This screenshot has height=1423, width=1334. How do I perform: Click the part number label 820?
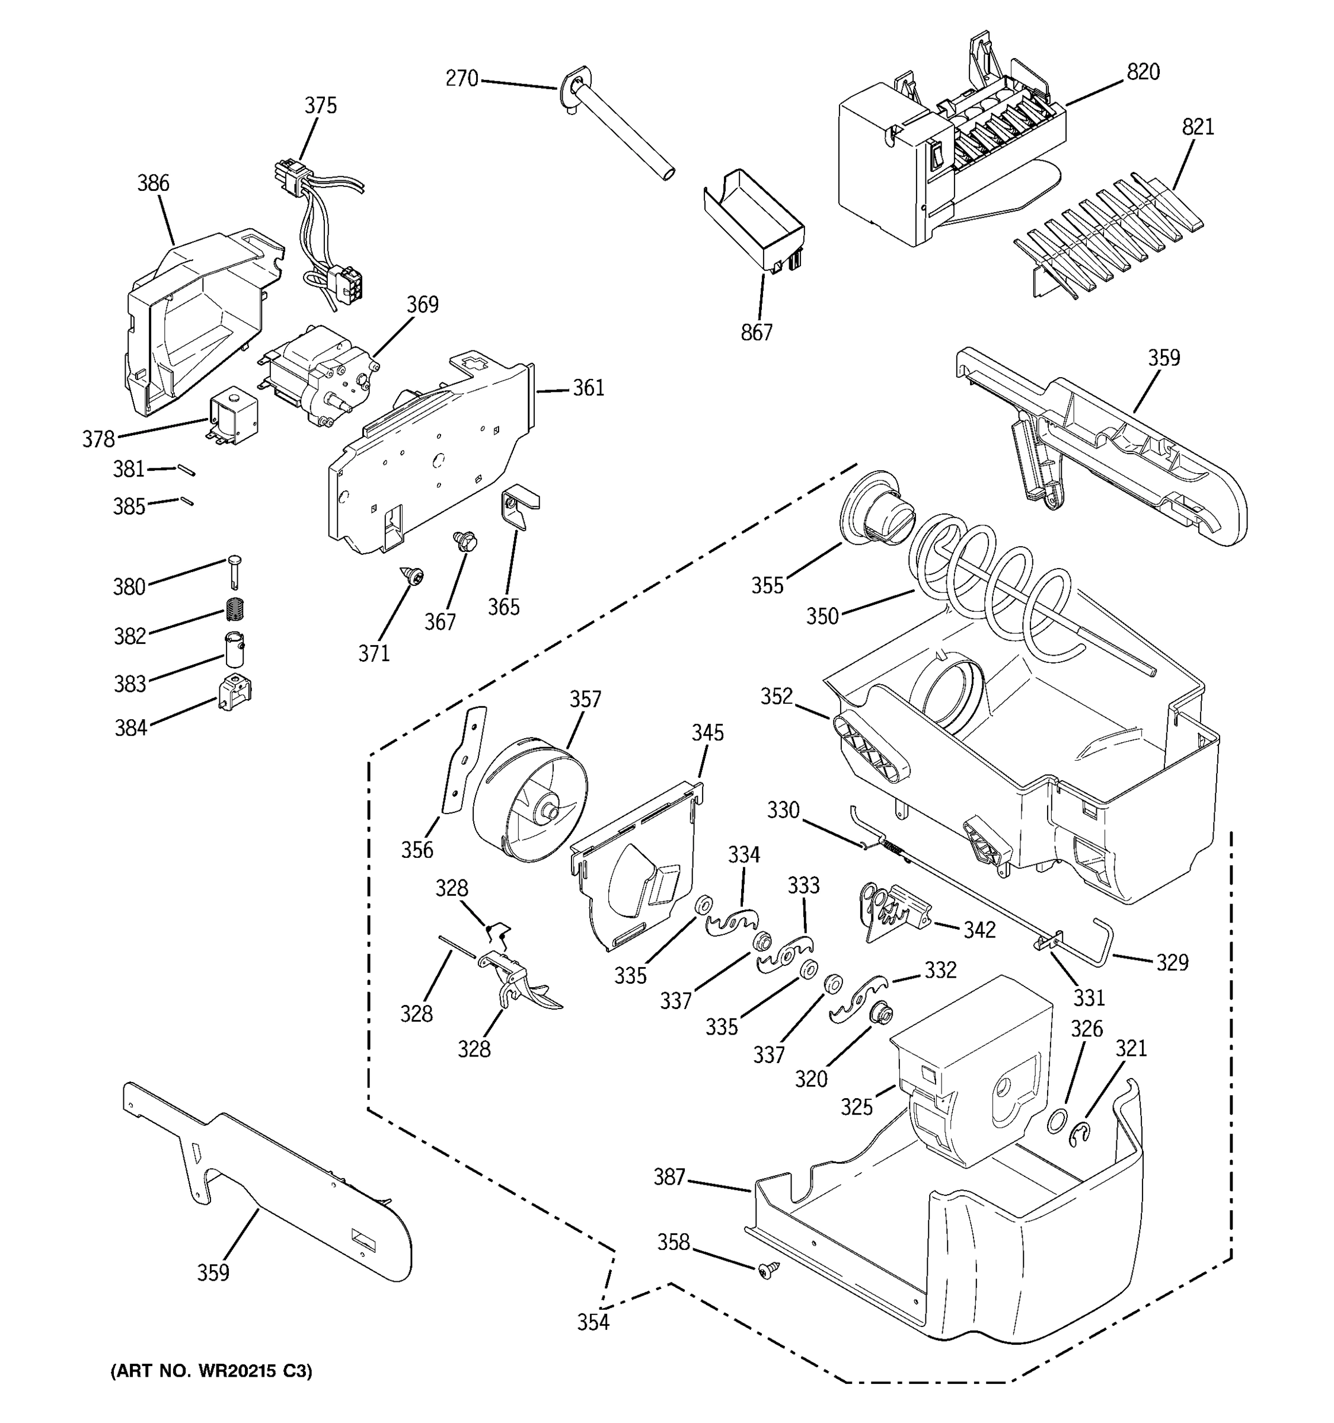pyautogui.click(x=1143, y=72)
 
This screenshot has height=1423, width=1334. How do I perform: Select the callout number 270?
pyautogui.click(x=462, y=79)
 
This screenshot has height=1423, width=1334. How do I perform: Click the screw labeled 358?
pyautogui.click(x=767, y=1271)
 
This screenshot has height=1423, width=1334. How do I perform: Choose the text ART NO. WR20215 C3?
pyautogui.click(x=212, y=1370)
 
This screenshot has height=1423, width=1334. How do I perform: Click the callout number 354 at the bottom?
pyautogui.click(x=593, y=1322)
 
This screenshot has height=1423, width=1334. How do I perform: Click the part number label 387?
pyautogui.click(x=669, y=1177)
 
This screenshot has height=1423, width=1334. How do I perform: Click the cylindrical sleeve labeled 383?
pyautogui.click(x=232, y=649)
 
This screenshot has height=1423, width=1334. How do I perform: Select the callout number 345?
pyautogui.click(x=707, y=732)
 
